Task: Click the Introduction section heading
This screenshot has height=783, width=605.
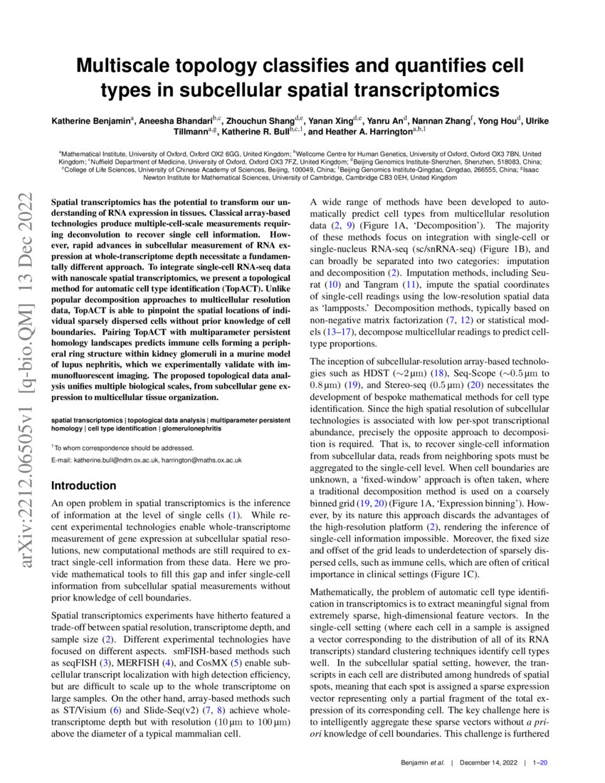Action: coord(83,485)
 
